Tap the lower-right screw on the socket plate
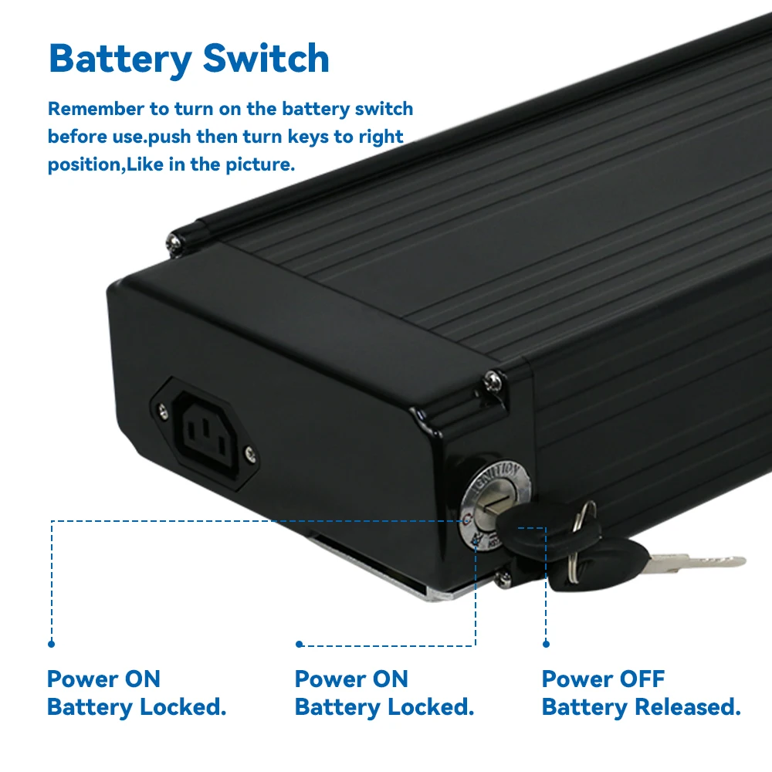(249, 455)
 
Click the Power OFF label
(603, 679)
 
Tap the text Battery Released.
(641, 707)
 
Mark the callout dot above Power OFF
(546, 643)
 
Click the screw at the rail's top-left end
(176, 241)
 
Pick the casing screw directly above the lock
(489, 378)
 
